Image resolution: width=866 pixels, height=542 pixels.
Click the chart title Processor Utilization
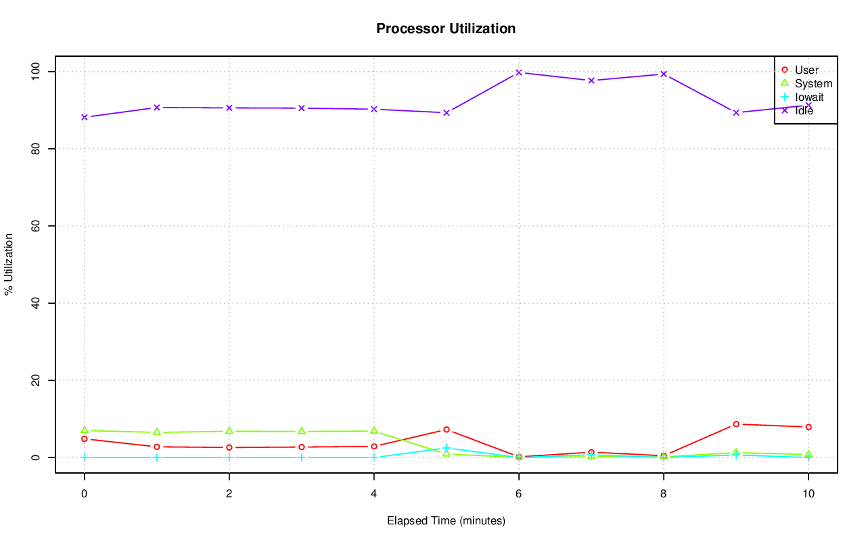(446, 29)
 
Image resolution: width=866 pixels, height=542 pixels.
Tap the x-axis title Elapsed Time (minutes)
(446, 521)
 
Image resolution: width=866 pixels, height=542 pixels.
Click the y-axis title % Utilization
(9, 264)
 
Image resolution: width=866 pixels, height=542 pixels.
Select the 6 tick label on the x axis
(518, 494)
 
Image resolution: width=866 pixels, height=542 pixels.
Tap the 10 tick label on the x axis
(808, 494)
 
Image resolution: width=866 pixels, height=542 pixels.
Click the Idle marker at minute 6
(519, 72)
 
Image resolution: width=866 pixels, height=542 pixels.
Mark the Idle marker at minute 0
(85, 117)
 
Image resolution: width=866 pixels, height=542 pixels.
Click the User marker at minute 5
(447, 430)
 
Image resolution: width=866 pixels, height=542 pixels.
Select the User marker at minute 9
(736, 424)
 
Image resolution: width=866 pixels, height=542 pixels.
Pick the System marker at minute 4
(374, 430)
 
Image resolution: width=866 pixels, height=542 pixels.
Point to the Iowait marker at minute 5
(447, 448)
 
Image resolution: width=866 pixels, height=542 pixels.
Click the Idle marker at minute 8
(664, 74)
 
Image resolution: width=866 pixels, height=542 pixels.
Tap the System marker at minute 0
(85, 430)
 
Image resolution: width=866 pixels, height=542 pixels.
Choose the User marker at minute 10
(808, 427)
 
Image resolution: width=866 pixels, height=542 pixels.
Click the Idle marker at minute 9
(736, 112)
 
